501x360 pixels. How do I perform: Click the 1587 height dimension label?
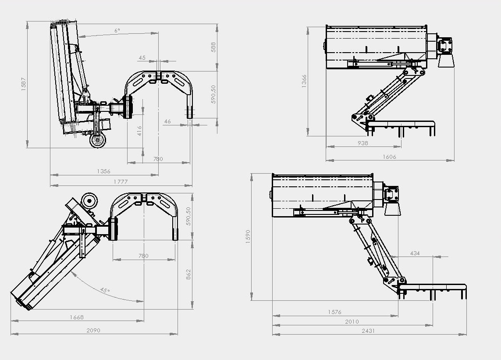24,84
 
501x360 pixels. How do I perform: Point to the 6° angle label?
117,31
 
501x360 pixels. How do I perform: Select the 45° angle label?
105,290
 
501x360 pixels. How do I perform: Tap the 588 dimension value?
213,47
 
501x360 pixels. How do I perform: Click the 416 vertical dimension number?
139,131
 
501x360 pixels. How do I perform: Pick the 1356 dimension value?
103,171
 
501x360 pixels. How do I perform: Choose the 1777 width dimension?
121,182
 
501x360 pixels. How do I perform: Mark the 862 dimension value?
188,274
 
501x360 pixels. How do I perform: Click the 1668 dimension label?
77,317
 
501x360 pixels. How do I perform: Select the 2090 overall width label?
93,330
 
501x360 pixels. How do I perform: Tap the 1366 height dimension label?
304,81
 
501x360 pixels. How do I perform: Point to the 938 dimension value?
362,143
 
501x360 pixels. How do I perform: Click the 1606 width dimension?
389,157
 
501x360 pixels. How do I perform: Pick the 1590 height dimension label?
248,237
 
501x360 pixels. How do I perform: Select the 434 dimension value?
415,253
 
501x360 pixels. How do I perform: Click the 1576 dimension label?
334,312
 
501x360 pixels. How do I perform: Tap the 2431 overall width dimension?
368,331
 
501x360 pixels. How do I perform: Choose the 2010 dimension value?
352,322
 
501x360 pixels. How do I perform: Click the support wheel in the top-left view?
97,140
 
